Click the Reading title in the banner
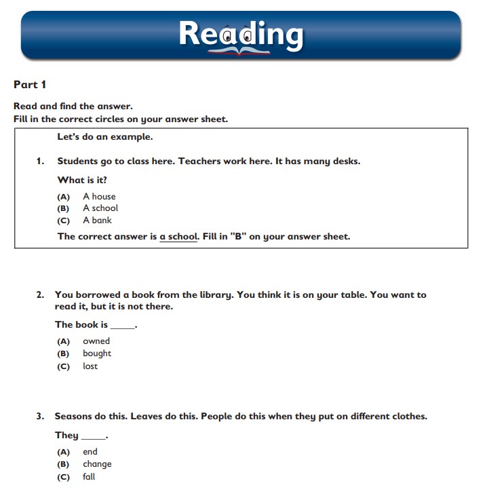tap(241, 33)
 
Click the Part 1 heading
tap(30, 84)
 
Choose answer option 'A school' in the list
tap(100, 208)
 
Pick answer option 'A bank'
tap(97, 221)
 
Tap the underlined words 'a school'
tap(178, 237)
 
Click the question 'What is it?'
tap(82, 180)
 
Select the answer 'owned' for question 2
tap(96, 341)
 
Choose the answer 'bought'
tap(97, 353)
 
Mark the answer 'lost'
tap(90, 366)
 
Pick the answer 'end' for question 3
tap(90, 452)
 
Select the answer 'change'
tap(97, 464)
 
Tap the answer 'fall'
tap(89, 477)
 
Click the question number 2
tap(40, 295)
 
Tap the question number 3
tap(40, 417)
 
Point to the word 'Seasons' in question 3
tap(75, 417)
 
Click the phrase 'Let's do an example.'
tap(105, 137)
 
